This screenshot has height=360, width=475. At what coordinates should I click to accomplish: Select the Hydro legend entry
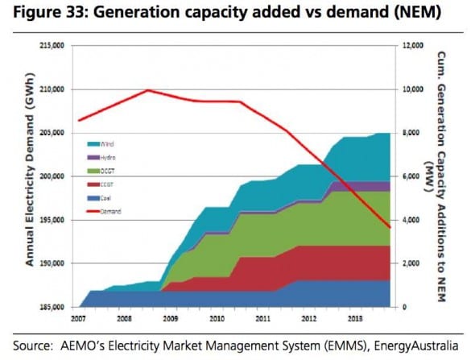[x=106, y=157]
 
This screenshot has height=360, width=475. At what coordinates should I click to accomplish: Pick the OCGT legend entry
[x=106, y=171]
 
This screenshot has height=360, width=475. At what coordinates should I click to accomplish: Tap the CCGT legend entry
[x=106, y=184]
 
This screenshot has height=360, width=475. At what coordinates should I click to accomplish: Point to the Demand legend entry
[x=107, y=211]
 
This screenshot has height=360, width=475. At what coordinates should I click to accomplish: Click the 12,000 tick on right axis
[x=411, y=46]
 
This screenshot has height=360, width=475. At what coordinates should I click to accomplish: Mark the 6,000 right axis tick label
[x=409, y=176]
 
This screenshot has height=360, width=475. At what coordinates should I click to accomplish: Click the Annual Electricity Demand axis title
[x=30, y=177]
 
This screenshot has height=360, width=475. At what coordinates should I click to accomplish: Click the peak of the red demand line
[x=148, y=90]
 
